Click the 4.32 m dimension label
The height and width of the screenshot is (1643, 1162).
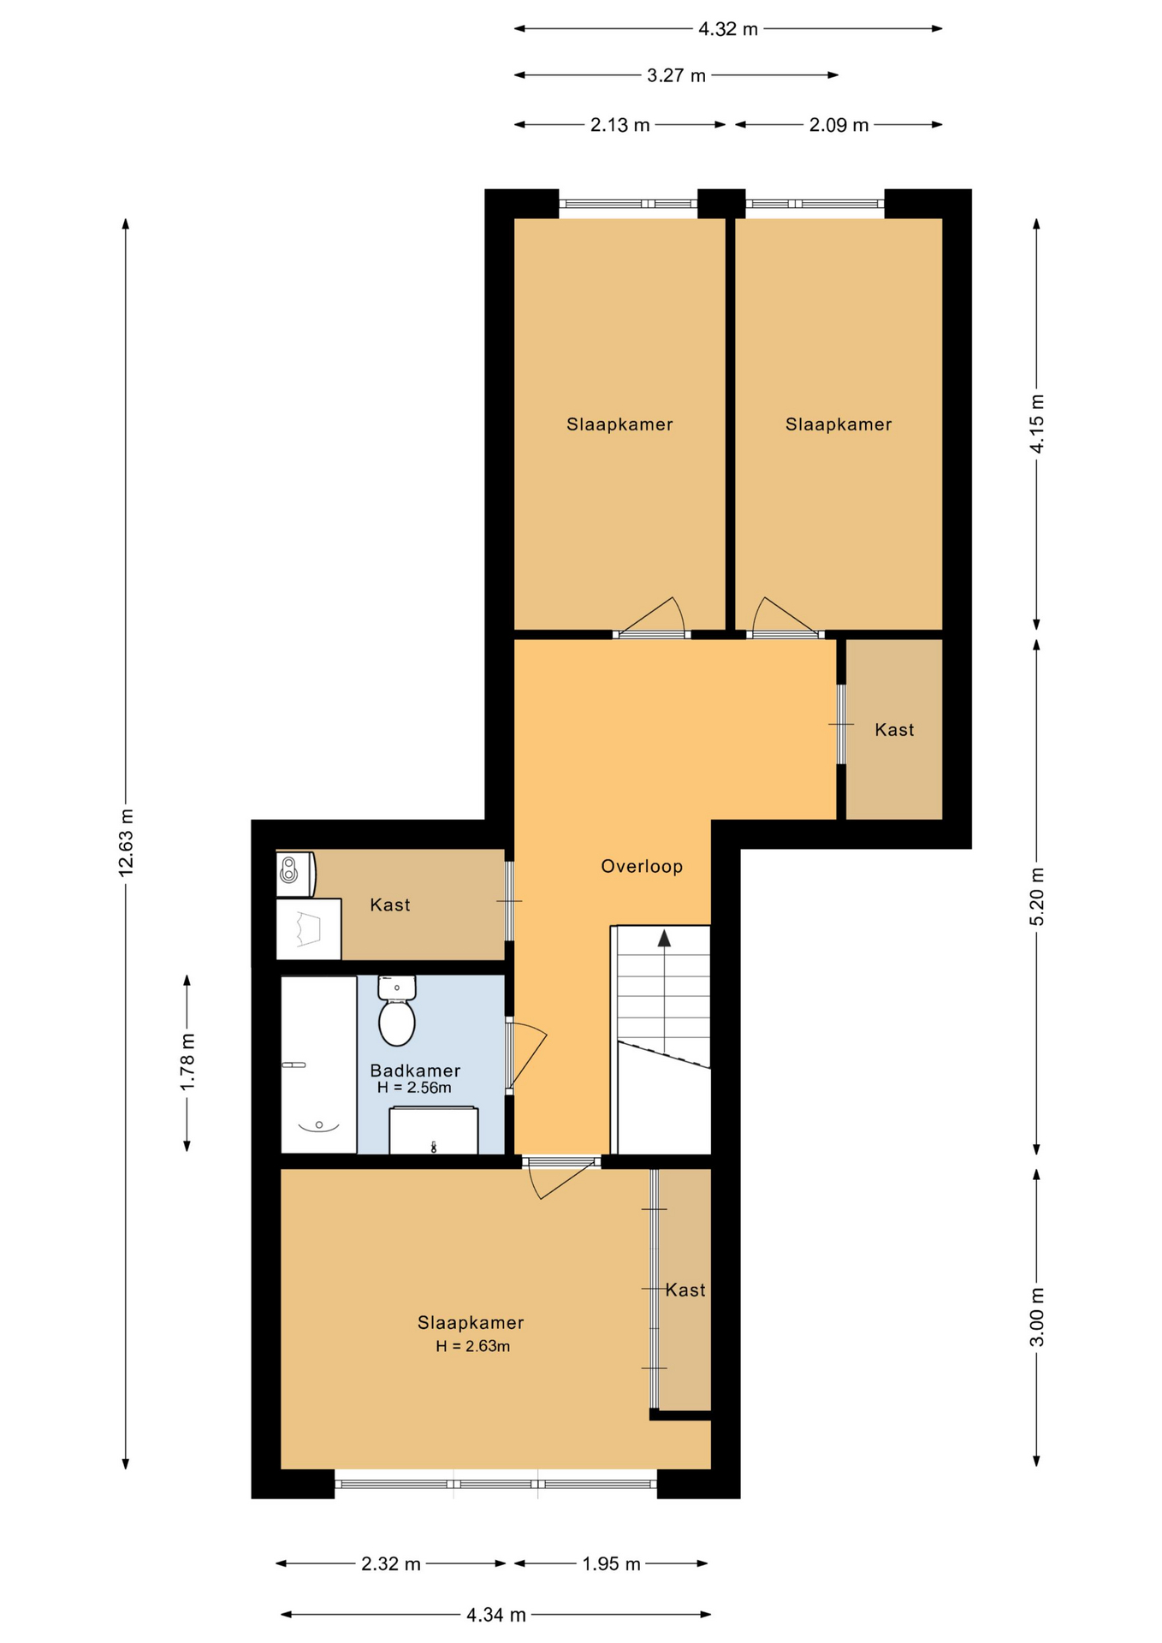click(727, 29)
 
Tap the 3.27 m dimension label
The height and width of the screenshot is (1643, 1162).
click(676, 75)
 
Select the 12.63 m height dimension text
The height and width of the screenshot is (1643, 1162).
click(126, 842)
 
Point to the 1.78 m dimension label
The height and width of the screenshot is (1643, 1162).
click(187, 1062)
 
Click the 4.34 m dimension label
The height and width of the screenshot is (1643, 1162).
click(496, 1615)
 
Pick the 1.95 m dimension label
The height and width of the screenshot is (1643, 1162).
click(612, 1564)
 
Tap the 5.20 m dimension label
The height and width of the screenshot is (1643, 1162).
click(1037, 896)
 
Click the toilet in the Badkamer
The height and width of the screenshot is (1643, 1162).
click(397, 1011)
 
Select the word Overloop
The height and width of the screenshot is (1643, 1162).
click(642, 866)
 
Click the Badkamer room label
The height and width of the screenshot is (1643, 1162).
click(415, 1070)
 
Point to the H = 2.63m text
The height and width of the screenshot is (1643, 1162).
click(472, 1346)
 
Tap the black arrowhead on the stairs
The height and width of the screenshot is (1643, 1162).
click(664, 939)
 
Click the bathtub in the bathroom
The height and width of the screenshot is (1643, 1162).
click(318, 1065)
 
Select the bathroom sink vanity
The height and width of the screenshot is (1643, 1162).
click(434, 1130)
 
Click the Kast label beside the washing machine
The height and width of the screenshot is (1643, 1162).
click(390, 905)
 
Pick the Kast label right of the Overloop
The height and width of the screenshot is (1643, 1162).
click(894, 730)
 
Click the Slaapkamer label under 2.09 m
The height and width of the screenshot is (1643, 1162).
click(839, 424)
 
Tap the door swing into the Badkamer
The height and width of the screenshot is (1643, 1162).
click(526, 1056)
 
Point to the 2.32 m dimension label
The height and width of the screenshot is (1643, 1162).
click(391, 1564)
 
